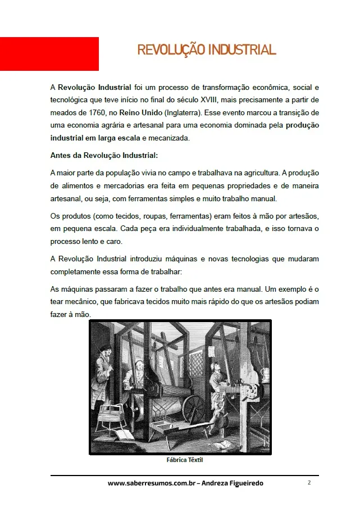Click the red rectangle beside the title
49,54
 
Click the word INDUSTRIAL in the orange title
241,50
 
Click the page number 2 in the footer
309,483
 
